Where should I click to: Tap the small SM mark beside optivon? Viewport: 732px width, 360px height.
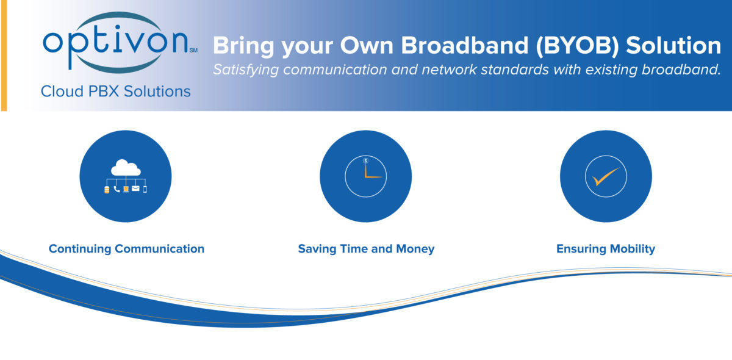pos(193,51)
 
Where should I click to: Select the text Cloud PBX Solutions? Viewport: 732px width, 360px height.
pos(116,92)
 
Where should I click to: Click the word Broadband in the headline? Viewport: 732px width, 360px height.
pos(464,45)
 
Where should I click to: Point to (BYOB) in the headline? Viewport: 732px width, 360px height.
pos(578,46)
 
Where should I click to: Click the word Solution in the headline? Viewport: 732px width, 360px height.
pos(673,45)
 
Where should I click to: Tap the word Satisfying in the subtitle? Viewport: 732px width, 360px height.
pos(246,70)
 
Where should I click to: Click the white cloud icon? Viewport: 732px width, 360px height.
pos(126,167)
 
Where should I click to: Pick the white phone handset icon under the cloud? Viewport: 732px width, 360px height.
pos(117,189)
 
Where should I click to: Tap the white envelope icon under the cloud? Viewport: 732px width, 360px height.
pos(135,189)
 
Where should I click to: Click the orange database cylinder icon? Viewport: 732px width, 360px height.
pos(107,190)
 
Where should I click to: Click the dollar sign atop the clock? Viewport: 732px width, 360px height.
pos(365,160)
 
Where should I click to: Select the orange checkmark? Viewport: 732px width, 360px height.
pos(606,176)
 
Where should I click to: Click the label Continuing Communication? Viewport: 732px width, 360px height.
pos(126,249)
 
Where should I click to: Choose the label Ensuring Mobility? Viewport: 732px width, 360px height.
pos(606,249)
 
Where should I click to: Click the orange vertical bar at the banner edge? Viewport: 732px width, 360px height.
pos(4,56)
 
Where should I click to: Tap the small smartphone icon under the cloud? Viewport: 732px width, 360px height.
pos(145,189)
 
